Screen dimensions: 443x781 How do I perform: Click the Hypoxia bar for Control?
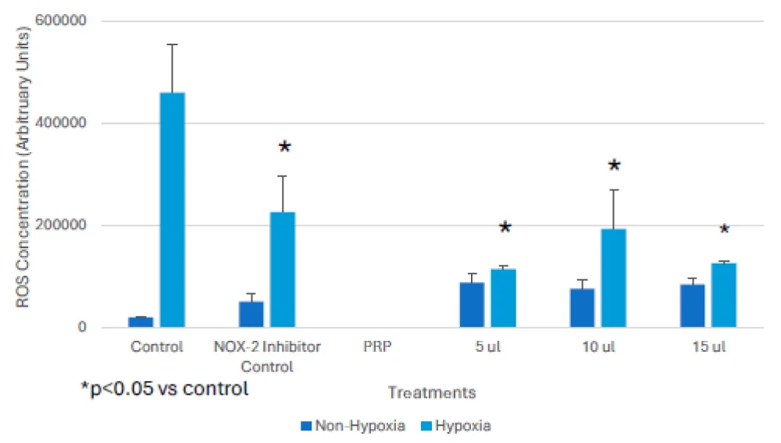tap(173, 210)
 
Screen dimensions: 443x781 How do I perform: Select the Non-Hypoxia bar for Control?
tap(141, 322)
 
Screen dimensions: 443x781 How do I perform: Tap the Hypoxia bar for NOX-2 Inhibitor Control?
tap(283, 269)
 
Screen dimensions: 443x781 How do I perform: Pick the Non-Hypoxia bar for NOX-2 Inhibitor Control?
tap(251, 314)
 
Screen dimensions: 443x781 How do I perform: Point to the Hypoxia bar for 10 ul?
tap(614, 278)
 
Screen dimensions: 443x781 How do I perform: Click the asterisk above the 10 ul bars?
tap(615, 166)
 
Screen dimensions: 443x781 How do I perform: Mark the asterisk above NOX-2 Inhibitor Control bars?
tap(285, 147)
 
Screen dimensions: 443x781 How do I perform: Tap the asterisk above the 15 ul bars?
tap(724, 230)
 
